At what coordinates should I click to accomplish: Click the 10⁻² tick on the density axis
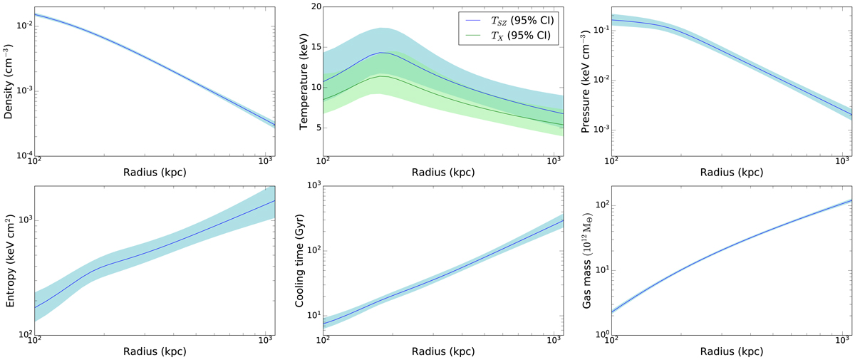pos(21,26)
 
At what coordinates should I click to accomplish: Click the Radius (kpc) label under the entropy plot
pos(150,352)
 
